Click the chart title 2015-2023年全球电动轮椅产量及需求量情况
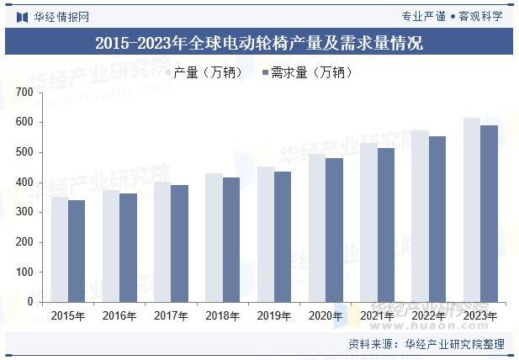(x=258, y=43)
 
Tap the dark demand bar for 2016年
(x=128, y=247)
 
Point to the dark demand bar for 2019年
(x=282, y=236)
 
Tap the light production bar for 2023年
(x=472, y=209)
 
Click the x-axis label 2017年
(x=171, y=316)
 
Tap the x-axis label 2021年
(x=377, y=316)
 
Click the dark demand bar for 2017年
(x=179, y=243)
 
